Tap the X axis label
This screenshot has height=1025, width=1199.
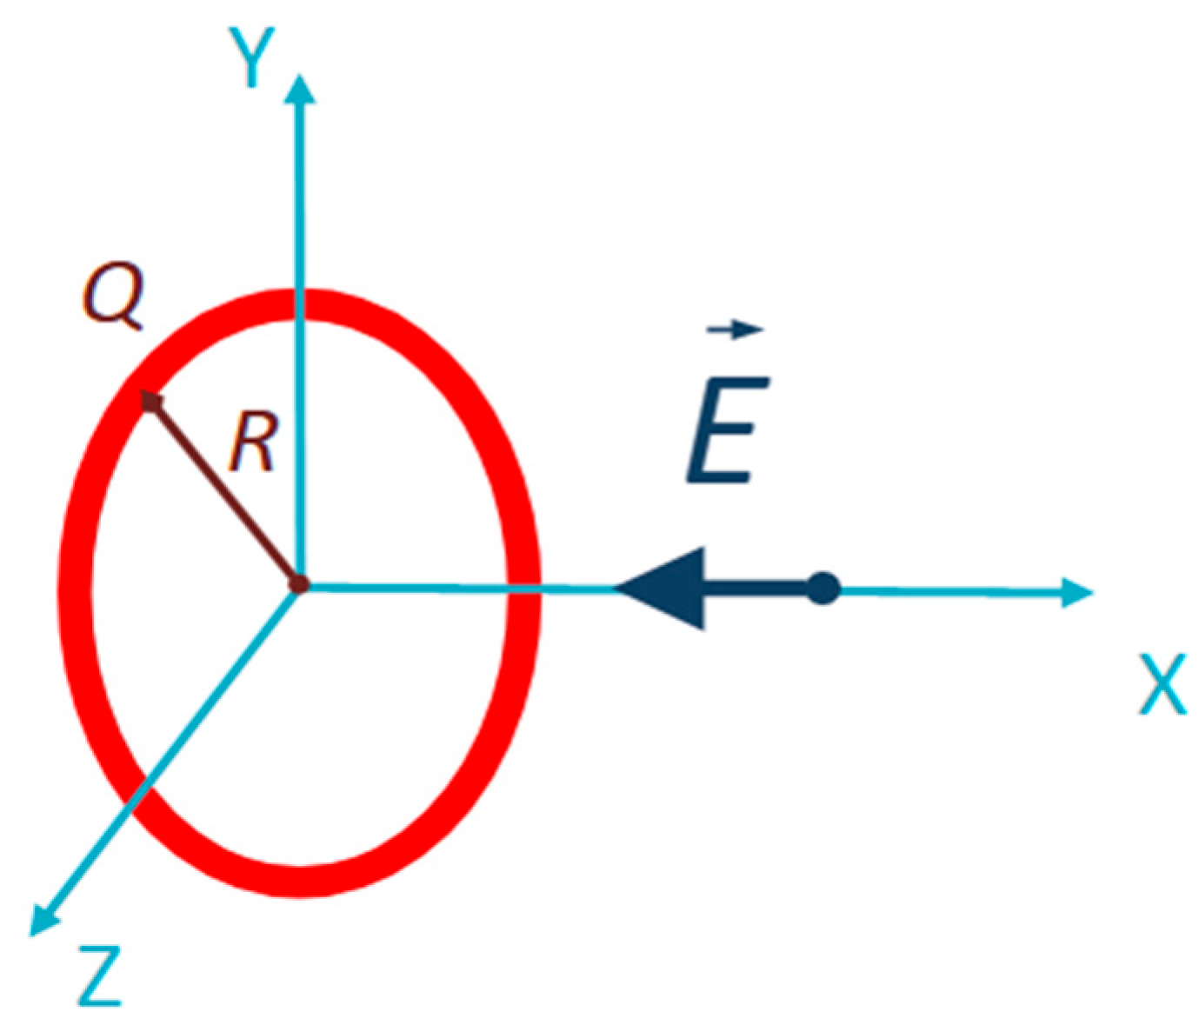[x=1162, y=684]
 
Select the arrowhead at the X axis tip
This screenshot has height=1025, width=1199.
[x=1078, y=592]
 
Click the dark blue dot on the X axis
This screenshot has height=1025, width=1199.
[x=823, y=589]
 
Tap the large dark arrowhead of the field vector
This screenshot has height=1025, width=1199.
[x=665, y=589]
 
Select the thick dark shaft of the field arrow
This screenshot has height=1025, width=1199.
[x=756, y=589]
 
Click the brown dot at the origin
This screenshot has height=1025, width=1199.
[x=299, y=585]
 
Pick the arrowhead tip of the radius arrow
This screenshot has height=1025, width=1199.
[x=150, y=400]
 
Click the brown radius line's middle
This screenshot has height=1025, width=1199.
[x=224, y=491]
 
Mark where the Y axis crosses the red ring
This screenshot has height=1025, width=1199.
[x=301, y=304]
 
